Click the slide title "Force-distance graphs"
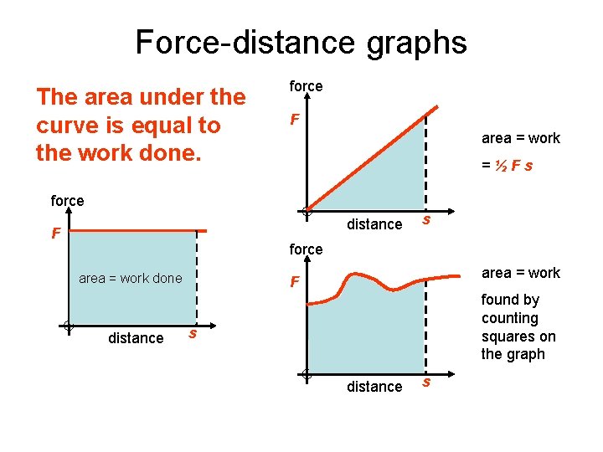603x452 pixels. click(x=301, y=42)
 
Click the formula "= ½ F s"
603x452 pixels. click(x=508, y=166)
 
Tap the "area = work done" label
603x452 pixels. click(x=130, y=278)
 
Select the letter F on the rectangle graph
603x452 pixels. click(x=55, y=234)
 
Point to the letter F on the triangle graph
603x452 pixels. click(x=295, y=121)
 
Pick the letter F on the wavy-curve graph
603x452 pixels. click(x=295, y=282)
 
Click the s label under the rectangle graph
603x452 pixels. click(x=192, y=334)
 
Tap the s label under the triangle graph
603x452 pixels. click(x=426, y=220)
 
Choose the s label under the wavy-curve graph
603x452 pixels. click(x=426, y=383)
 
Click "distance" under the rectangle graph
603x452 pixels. click(x=136, y=338)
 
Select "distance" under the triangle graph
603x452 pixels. click(x=374, y=224)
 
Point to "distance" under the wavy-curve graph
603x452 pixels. click(x=374, y=387)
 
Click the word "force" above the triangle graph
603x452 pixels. click(x=306, y=86)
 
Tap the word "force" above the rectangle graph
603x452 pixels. click(x=67, y=201)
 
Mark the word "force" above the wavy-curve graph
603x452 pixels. click(x=306, y=249)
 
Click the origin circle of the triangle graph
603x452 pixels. click(x=308, y=212)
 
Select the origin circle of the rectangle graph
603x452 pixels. click(x=68, y=326)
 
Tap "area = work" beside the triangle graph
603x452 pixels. click(x=520, y=138)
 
